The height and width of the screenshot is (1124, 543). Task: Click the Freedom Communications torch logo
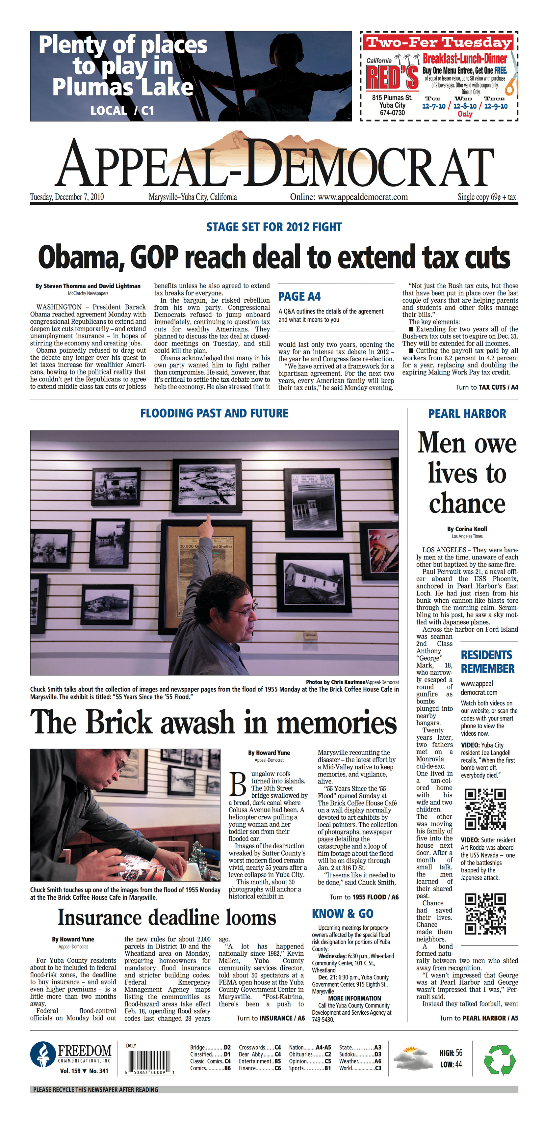point(43,1054)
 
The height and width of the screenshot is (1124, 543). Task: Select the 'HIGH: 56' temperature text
point(451,1053)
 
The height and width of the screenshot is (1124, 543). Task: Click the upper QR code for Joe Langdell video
point(484,809)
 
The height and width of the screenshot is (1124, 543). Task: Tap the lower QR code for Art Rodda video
point(484,913)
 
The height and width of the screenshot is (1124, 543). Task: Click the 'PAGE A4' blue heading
point(299,297)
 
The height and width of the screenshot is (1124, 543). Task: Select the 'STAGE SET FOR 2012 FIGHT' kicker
point(274,227)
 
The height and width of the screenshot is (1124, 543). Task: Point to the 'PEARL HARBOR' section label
point(467,414)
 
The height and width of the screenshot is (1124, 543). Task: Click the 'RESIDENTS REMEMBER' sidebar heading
point(487,662)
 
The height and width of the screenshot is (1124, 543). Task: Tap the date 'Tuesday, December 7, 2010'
point(67,197)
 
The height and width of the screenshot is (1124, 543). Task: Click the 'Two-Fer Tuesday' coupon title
point(438,42)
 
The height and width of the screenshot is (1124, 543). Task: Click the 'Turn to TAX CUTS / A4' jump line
point(487,387)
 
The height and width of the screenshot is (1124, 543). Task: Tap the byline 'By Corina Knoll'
point(467,529)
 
